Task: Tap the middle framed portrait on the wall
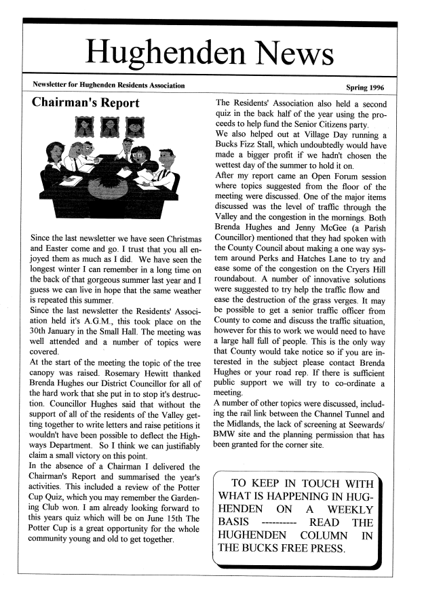[110, 127]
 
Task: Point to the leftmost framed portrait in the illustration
[86, 127]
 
